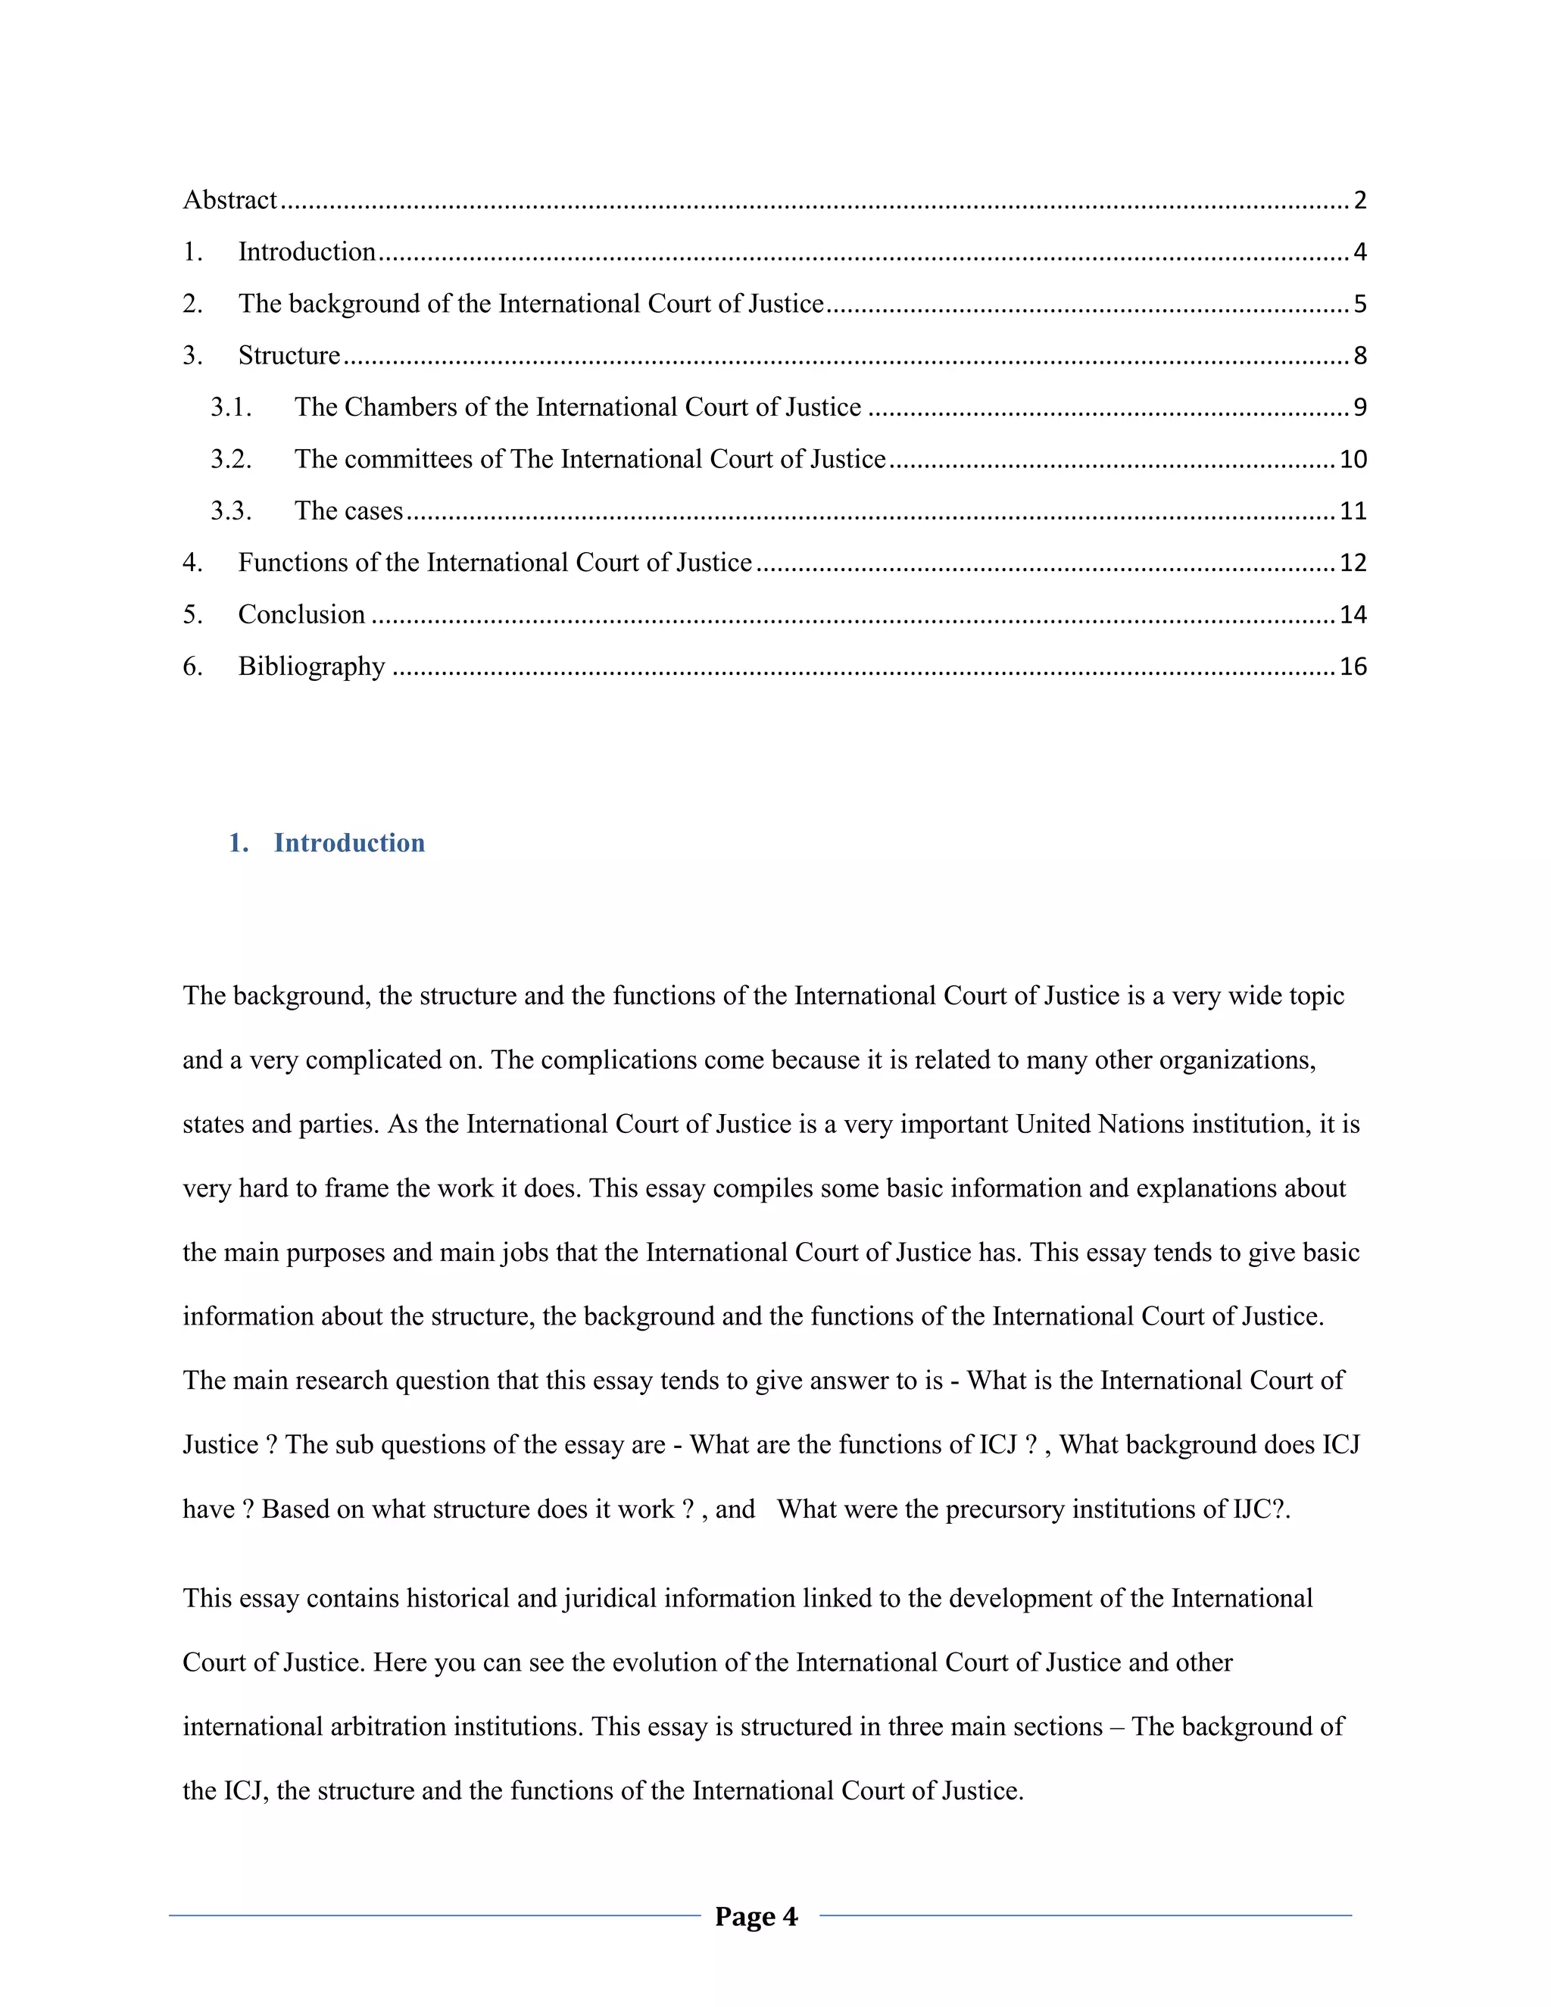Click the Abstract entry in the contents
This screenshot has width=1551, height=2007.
click(x=229, y=201)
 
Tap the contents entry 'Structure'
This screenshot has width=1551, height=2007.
click(x=289, y=356)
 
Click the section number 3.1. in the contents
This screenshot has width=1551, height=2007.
click(x=231, y=407)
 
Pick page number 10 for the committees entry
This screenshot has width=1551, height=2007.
click(x=1353, y=460)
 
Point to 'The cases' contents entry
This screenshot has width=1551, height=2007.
click(x=348, y=511)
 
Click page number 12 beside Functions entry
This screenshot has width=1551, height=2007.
click(x=1353, y=563)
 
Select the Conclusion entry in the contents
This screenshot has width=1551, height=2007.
click(x=301, y=615)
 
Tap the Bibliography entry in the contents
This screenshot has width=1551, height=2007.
click(x=311, y=666)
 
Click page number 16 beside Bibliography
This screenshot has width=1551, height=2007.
click(x=1353, y=666)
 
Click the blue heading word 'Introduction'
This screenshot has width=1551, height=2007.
click(x=349, y=843)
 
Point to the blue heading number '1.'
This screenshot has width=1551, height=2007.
click(x=238, y=843)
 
